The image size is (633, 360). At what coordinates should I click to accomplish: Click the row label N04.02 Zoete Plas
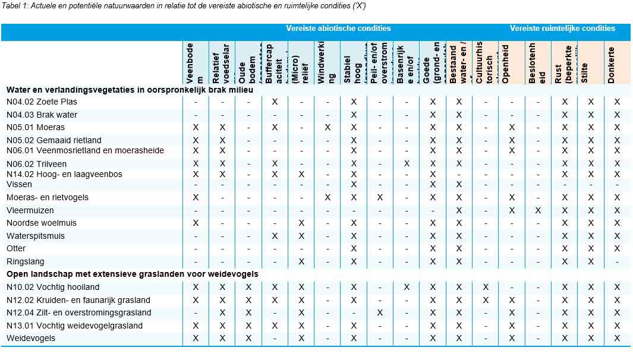coord(42,102)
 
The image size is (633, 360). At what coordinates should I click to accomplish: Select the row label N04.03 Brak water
coord(42,115)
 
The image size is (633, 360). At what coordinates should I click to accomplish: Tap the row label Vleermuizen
coord(30,210)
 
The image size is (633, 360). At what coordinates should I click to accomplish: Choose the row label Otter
coord(16,248)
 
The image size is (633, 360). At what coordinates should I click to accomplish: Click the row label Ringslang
coord(26,261)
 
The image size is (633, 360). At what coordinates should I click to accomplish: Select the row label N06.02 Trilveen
coord(37,164)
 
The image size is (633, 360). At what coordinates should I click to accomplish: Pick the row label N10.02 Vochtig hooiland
coord(53,287)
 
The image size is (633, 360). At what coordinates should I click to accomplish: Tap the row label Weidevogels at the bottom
coord(31,338)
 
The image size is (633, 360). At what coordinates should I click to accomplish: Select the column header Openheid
coord(506,63)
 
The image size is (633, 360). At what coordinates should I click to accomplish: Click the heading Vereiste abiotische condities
coord(338,28)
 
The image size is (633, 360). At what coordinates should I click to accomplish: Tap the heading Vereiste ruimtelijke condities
coord(562,28)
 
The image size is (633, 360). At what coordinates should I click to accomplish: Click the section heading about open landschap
coord(133,274)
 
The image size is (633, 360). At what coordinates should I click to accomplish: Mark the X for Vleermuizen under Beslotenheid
coord(538,210)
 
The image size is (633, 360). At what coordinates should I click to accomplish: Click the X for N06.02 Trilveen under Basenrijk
coord(407,163)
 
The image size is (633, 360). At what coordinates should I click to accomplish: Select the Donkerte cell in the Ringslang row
coord(617,261)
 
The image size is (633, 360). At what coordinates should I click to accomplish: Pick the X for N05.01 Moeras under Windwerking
coord(327,127)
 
